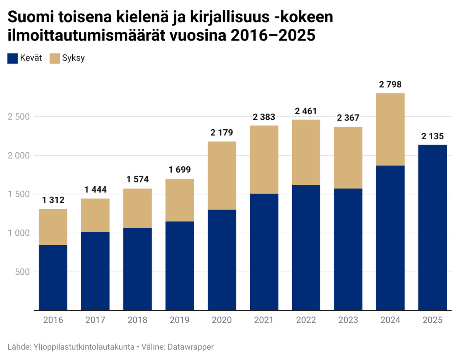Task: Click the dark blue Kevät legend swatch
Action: (x=13, y=59)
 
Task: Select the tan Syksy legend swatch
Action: (x=55, y=59)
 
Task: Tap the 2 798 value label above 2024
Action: (x=390, y=85)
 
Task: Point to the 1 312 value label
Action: (x=53, y=200)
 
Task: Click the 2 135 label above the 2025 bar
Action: (x=432, y=136)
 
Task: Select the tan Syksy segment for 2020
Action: (x=222, y=176)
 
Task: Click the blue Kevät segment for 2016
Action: (x=53, y=277)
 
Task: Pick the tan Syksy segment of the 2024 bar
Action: (x=390, y=129)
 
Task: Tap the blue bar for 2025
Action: (x=432, y=227)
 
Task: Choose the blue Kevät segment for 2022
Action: (x=306, y=247)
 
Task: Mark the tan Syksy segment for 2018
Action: (x=137, y=208)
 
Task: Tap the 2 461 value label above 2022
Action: (x=306, y=111)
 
